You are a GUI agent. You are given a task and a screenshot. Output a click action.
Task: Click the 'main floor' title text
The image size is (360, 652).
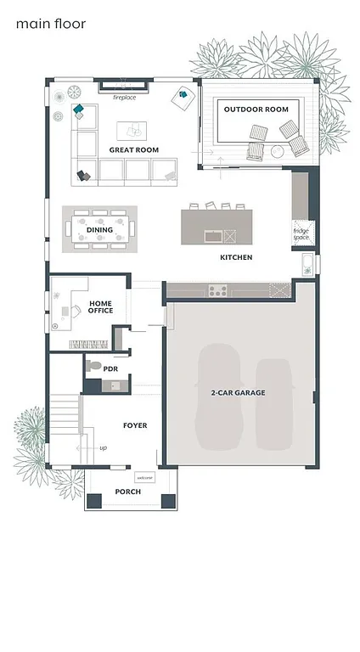click(50, 25)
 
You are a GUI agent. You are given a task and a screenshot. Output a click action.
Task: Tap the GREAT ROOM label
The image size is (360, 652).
click(133, 150)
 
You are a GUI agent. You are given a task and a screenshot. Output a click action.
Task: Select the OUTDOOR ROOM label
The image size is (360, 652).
click(256, 110)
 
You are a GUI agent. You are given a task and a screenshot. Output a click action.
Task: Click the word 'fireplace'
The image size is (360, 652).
click(125, 98)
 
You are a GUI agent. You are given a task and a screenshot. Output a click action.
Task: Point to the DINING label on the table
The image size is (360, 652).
click(99, 230)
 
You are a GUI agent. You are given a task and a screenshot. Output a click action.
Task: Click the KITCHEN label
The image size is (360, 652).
click(236, 257)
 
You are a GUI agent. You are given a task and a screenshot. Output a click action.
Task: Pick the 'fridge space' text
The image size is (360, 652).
click(301, 233)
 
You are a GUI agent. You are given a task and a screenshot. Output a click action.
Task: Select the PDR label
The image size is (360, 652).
click(110, 369)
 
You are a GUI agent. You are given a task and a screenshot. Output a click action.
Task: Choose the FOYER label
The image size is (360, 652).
click(135, 425)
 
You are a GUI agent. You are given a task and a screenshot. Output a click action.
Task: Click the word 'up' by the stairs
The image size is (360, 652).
click(103, 447)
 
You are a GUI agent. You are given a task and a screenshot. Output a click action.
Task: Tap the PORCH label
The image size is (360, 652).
click(127, 492)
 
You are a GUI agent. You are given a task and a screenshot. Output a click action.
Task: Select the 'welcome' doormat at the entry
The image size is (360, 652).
click(144, 478)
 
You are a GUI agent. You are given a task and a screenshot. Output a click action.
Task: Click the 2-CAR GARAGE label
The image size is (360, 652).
click(239, 393)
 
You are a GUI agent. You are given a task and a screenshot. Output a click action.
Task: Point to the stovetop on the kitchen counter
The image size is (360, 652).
click(217, 291)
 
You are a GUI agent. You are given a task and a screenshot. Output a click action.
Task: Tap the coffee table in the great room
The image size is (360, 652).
click(131, 130)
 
